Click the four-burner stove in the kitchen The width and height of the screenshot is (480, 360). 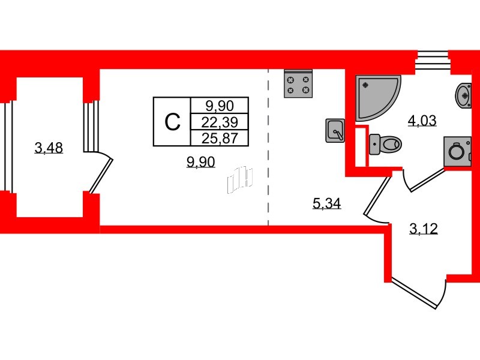click(x=298, y=83)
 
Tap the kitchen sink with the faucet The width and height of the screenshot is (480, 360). click(x=335, y=131)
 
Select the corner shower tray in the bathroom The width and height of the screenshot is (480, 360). click(x=377, y=97)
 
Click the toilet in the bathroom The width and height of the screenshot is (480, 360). click(x=385, y=144)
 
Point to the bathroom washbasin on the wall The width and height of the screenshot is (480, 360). click(x=463, y=95)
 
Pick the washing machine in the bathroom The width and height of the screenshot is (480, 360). click(x=457, y=151)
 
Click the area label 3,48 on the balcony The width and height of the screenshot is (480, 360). click(x=49, y=148)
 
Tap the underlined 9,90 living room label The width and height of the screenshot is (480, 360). click(x=201, y=162)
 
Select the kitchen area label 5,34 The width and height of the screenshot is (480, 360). click(x=326, y=203)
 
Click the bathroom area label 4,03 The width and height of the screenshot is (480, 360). click(x=422, y=121)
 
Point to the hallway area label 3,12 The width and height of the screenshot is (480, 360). click(x=424, y=229)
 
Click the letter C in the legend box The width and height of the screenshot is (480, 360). click(x=172, y=122)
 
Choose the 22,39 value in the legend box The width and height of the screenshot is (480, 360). click(x=220, y=122)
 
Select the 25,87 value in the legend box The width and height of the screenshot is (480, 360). click(x=220, y=139)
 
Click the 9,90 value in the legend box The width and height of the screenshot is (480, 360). click(x=220, y=106)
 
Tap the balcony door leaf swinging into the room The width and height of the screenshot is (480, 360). click(x=101, y=175)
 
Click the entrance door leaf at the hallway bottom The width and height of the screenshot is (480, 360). click(x=414, y=293)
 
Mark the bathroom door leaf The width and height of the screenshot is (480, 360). click(x=427, y=179)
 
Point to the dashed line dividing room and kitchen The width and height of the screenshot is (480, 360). click(x=268, y=147)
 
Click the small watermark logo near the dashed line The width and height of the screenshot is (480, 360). click(x=240, y=181)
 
